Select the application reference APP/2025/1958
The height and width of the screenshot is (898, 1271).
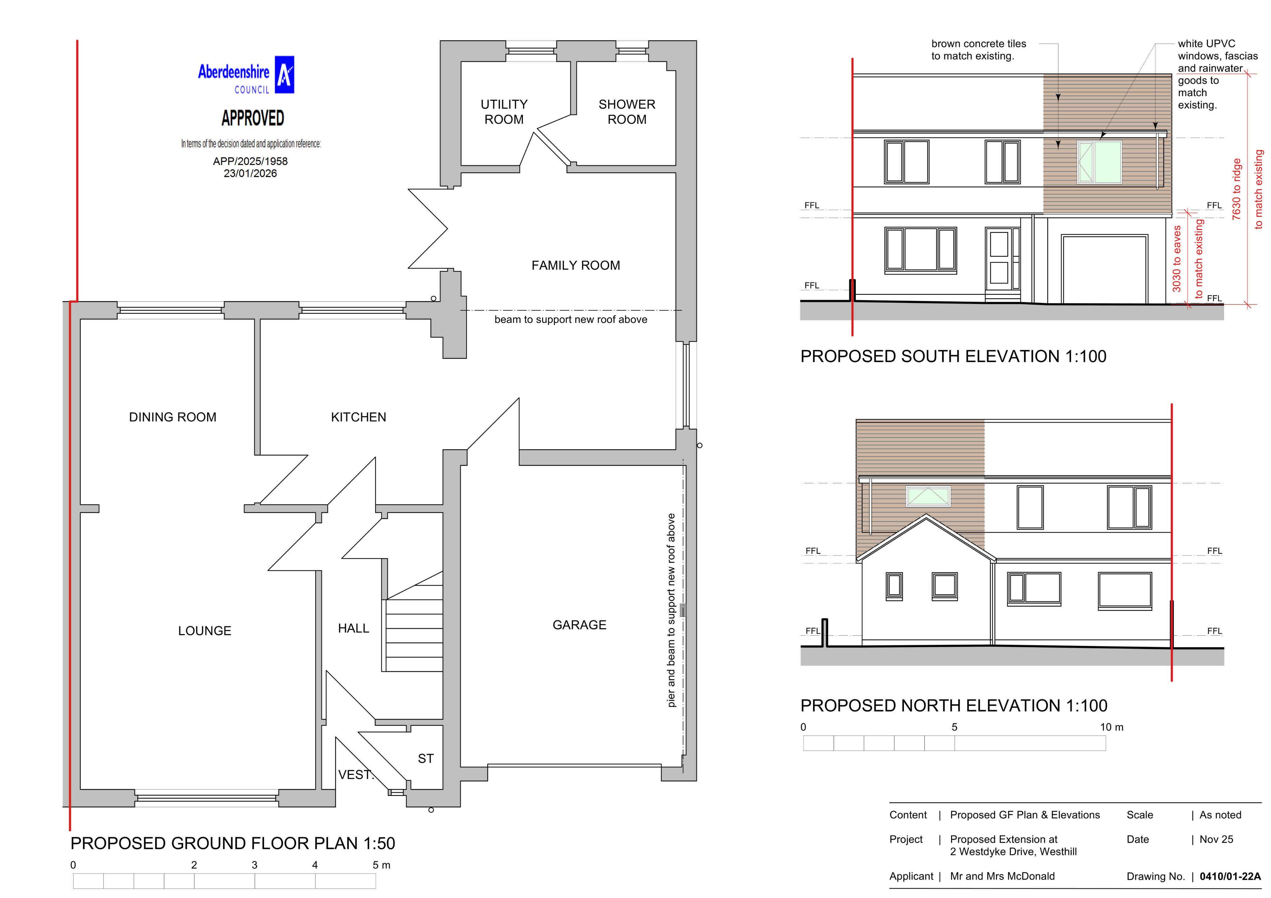250,161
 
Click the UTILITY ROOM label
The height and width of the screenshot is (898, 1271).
504,112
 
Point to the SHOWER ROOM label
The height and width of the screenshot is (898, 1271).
627,112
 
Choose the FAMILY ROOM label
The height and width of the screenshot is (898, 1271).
576,265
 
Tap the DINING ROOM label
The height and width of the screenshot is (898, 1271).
173,417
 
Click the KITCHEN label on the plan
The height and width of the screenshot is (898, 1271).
359,417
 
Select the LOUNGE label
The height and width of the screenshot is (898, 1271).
205,631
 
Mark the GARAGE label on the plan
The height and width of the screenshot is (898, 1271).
580,625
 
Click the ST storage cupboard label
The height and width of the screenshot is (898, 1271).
426,758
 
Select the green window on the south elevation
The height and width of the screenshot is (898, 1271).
1099,162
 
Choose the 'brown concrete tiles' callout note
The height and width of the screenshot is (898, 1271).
979,50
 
